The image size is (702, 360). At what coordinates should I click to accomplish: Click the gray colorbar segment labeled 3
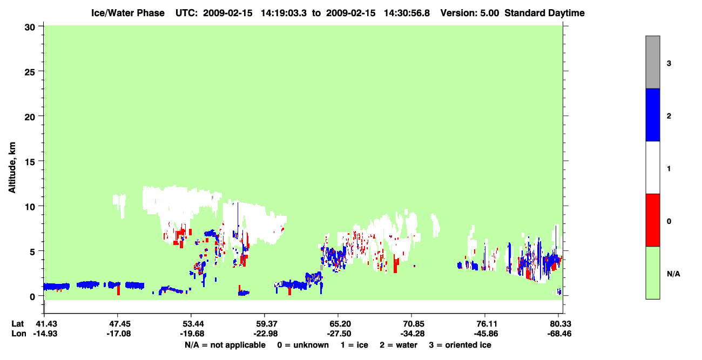(652, 62)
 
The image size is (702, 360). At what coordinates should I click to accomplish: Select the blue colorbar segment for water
(652, 114)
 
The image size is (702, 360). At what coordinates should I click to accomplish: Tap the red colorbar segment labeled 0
(652, 220)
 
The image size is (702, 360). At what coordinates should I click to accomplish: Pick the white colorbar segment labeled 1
(652, 167)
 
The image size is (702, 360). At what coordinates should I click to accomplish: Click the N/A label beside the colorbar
(673, 274)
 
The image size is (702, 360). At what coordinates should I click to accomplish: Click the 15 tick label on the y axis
(30, 162)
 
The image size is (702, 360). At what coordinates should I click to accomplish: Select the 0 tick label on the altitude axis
(32, 297)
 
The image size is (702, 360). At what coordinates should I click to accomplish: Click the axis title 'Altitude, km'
(12, 167)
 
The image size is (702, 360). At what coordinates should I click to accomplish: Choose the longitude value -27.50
(339, 334)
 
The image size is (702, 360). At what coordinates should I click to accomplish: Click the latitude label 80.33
(559, 324)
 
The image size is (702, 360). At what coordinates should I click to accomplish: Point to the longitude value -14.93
(45, 334)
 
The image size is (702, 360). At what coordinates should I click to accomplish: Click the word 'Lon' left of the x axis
(19, 334)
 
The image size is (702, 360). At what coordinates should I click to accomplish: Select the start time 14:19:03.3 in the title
(283, 13)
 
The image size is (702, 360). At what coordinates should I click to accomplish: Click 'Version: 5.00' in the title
(470, 13)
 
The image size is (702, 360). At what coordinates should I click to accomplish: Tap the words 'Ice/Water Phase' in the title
(128, 13)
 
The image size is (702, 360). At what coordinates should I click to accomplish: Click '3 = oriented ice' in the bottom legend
(460, 345)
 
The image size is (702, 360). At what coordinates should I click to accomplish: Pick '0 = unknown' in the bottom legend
(303, 345)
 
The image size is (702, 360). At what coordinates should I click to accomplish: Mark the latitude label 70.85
(412, 324)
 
